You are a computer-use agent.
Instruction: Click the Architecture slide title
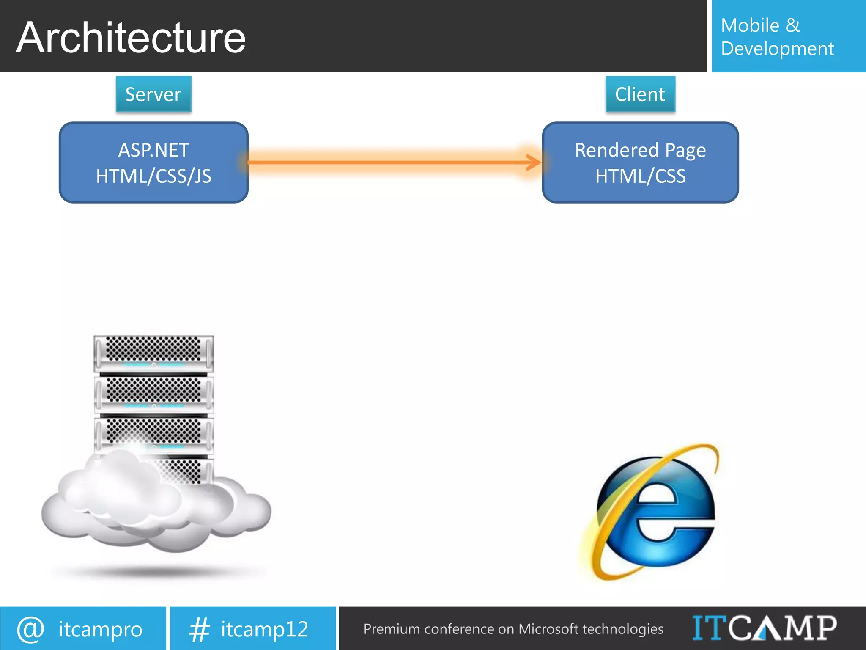131,38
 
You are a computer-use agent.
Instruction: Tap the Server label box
153,94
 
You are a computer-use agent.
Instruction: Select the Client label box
640,94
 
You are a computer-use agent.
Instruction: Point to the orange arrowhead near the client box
534,162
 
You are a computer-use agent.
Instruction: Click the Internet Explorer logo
653,512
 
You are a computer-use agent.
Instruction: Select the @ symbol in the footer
30,629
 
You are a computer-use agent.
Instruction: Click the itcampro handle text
101,629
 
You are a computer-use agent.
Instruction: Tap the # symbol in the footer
199,629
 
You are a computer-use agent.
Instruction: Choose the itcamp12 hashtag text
265,629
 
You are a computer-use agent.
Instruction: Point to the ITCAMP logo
764,628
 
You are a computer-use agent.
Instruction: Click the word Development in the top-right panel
777,49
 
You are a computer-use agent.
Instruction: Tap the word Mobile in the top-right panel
750,25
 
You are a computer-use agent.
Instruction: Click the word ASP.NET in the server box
153,150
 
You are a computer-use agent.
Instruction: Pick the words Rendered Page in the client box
640,150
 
